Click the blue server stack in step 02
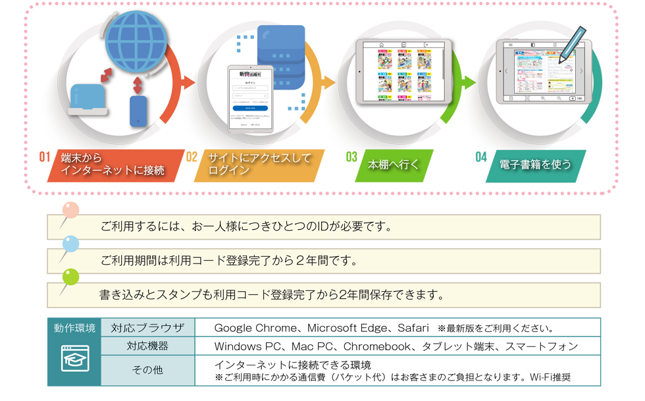click(282, 58)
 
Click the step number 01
click(45, 157)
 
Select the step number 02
click(192, 157)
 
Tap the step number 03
click(351, 157)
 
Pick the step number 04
click(480, 157)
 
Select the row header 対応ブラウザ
click(147, 328)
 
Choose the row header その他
click(147, 371)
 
